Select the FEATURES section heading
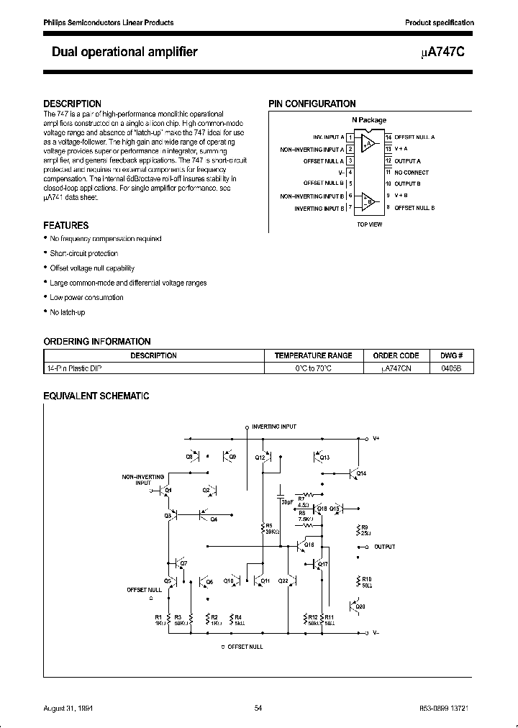[66, 225]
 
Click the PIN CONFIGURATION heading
[312, 104]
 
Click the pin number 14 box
[388, 137]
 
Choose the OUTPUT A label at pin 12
[408, 161]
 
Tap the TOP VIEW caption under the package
[370, 224]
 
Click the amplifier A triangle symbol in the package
[368, 143]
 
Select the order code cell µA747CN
[396, 368]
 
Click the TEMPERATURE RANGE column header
[313, 355]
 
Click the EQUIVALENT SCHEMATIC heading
[96, 396]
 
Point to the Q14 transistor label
[361, 473]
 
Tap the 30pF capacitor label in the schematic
[288, 502]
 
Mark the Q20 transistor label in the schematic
[360, 606]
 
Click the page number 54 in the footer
[258, 709]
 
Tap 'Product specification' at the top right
[439, 23]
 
